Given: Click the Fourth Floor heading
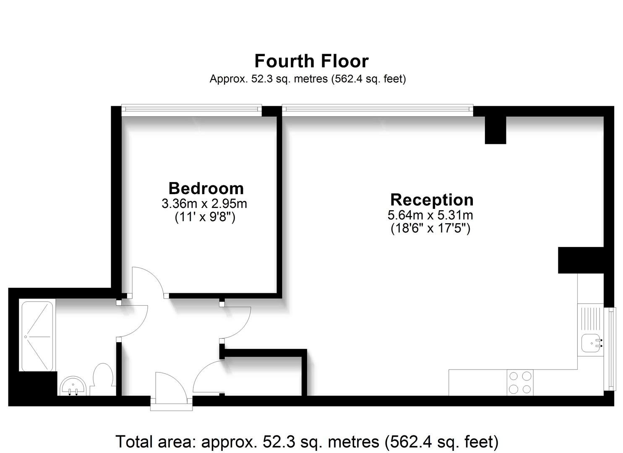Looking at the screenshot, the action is (x=311, y=61).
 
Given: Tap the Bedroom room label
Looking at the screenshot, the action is (x=206, y=188).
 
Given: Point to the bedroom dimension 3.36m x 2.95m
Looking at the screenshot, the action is (x=204, y=204).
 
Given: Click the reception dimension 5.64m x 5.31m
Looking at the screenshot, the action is (x=430, y=215).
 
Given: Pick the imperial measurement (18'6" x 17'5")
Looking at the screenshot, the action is (x=430, y=228).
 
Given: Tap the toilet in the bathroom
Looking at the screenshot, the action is (x=102, y=379).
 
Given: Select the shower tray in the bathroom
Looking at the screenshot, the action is (x=37, y=336).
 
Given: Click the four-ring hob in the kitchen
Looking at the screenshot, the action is (x=520, y=383).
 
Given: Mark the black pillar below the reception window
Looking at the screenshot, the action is (x=495, y=130).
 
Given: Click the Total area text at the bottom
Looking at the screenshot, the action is (x=307, y=442).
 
